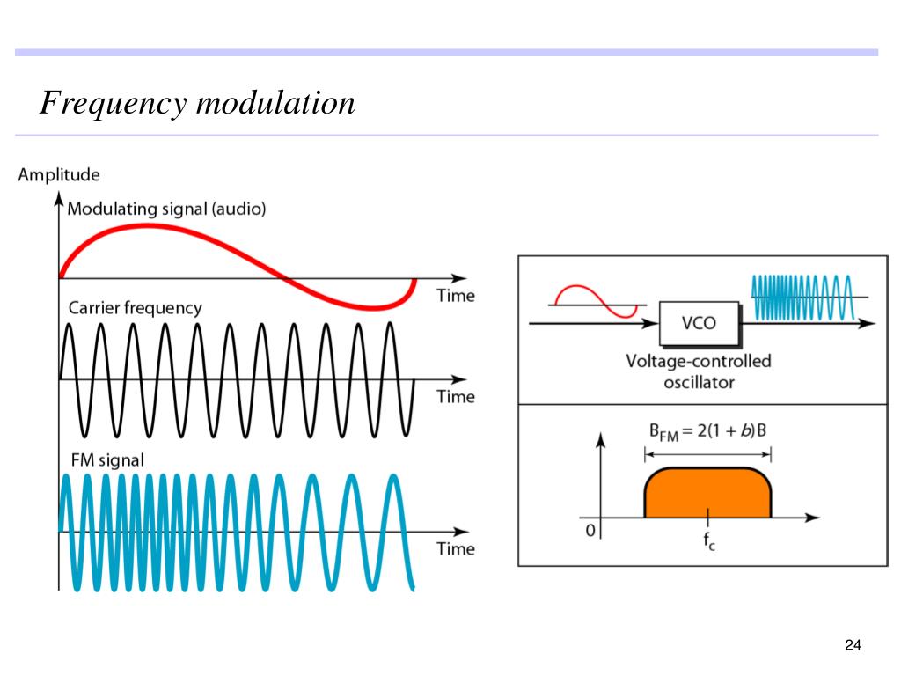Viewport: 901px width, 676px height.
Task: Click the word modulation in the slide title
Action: click(275, 103)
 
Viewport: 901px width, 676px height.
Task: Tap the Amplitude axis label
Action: click(59, 175)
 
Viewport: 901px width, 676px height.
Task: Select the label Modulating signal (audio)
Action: click(166, 209)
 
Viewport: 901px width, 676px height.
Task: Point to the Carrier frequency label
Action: click(135, 308)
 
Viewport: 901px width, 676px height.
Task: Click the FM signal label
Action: click(107, 459)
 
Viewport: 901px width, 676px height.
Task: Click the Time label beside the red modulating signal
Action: click(456, 296)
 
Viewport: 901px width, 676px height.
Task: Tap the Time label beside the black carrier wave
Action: click(456, 397)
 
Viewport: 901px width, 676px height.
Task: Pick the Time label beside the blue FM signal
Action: click(456, 549)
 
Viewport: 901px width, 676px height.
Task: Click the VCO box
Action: click(700, 323)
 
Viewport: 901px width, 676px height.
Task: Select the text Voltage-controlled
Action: click(699, 361)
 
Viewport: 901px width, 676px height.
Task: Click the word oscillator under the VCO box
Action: click(700, 383)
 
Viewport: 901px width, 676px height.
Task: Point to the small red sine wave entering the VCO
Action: click(596, 301)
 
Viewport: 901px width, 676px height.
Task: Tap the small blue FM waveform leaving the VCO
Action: click(802, 298)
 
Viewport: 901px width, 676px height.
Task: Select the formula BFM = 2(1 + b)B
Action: click(708, 431)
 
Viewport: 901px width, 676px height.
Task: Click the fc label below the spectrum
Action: click(709, 541)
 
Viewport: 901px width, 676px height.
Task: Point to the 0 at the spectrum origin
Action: click(590, 530)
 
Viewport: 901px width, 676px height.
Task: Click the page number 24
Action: click(853, 645)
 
